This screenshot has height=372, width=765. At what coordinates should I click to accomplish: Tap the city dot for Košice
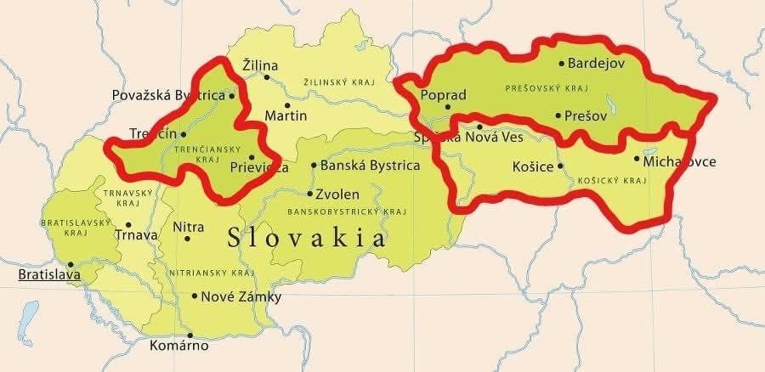(560, 166)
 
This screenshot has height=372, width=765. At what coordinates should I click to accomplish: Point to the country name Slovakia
(306, 238)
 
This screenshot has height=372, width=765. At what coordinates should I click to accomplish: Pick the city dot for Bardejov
(561, 63)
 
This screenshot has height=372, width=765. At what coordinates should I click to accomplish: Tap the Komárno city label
(178, 346)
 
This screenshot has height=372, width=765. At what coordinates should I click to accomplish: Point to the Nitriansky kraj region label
(212, 273)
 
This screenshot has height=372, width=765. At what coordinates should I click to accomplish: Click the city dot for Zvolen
(309, 194)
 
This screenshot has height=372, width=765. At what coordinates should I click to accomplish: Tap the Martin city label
(286, 116)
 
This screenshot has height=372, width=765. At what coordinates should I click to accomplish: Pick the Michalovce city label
(680, 161)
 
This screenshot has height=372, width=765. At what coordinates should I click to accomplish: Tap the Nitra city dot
(187, 239)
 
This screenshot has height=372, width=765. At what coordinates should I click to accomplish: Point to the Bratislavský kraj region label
(65, 227)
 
